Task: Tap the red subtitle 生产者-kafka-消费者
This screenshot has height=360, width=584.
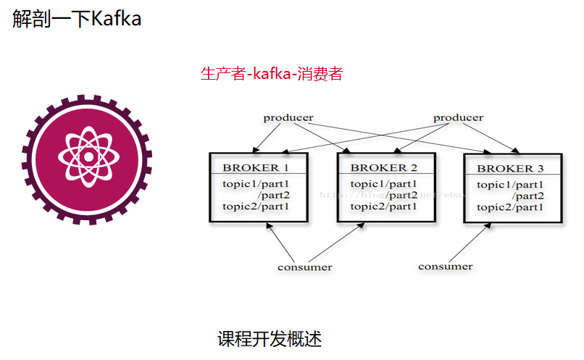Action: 271,74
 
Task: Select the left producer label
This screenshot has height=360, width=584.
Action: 288,117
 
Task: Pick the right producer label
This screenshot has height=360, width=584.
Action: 458,117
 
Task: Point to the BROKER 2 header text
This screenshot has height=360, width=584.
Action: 383,168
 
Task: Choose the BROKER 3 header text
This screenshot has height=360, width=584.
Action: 510,169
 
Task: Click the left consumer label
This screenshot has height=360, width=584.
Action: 304,267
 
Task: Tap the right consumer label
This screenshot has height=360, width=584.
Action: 445,266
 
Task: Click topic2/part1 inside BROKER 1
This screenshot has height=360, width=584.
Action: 255,206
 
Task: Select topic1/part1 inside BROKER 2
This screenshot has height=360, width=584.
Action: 383,184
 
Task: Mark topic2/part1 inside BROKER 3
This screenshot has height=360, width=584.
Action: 510,207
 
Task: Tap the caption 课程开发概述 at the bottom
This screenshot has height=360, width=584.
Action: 270,338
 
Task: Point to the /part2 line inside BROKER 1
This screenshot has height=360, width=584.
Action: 273,195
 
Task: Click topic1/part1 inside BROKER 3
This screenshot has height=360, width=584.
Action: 510,185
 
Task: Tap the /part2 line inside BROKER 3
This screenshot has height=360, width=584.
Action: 527,196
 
